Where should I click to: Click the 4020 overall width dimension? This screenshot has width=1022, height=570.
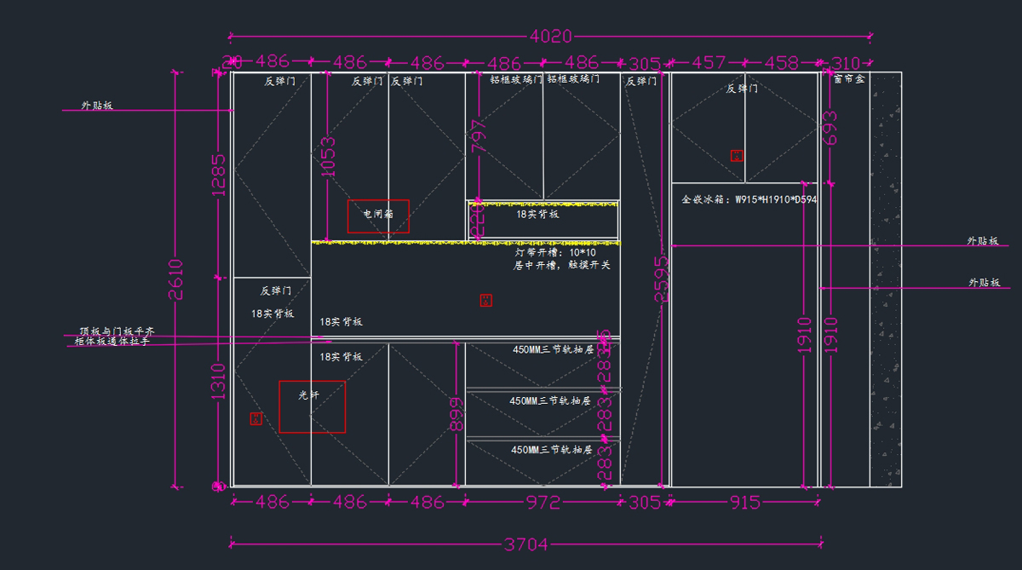click(551, 37)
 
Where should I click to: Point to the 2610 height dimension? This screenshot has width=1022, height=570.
click(175, 279)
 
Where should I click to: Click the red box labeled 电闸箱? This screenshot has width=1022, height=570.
click(378, 216)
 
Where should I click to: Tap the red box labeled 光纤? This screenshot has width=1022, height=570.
click(312, 406)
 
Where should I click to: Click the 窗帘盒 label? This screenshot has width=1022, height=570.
click(848, 78)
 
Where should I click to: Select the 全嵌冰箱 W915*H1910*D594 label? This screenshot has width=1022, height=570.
click(749, 200)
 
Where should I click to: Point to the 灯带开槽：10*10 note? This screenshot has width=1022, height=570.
click(556, 253)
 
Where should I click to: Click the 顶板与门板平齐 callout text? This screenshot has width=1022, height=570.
click(117, 331)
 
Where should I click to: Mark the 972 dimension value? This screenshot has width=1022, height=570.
click(543, 503)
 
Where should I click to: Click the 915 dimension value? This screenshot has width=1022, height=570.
click(744, 503)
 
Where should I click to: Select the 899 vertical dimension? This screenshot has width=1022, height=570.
click(456, 415)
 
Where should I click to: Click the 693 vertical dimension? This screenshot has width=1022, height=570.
click(831, 128)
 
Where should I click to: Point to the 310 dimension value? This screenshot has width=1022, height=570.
click(845, 63)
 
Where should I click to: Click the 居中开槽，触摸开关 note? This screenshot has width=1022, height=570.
click(561, 266)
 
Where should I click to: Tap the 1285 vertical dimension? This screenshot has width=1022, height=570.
click(219, 175)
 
